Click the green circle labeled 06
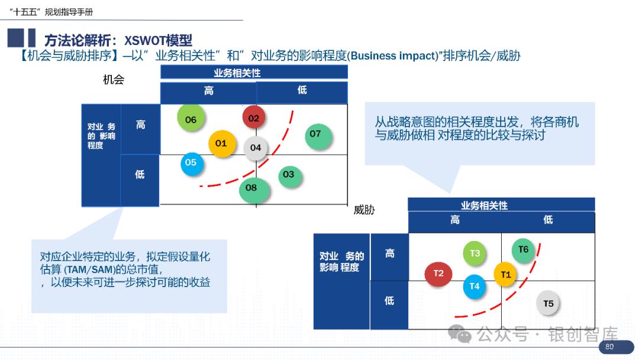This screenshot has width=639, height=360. pos(191,119)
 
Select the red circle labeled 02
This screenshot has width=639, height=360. pos(254,118)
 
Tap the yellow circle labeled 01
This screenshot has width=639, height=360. pos(221,143)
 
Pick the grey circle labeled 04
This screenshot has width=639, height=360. pos(256,147)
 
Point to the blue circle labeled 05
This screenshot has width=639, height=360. pos(191,163)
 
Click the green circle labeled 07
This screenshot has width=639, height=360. pos(315,134)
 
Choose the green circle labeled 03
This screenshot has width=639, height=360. pos(288,175)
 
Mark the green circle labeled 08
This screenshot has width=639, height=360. pos(251,188)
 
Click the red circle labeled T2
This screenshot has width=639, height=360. pos(438,273)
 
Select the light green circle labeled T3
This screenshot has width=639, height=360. pos(475,253)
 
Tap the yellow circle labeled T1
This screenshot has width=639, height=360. pos(505,274)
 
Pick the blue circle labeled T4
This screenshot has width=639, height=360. pos(475,286)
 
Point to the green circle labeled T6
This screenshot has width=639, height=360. pos(523,250)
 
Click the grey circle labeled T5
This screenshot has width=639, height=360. pos(548,303)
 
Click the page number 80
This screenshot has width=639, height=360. pos(609,347)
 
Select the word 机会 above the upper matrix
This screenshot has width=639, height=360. pos(114,80)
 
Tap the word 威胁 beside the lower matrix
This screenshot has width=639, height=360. pos(364,210)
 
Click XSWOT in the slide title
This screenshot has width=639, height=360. pos(146,40)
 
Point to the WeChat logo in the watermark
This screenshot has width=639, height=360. pos(460,335)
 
